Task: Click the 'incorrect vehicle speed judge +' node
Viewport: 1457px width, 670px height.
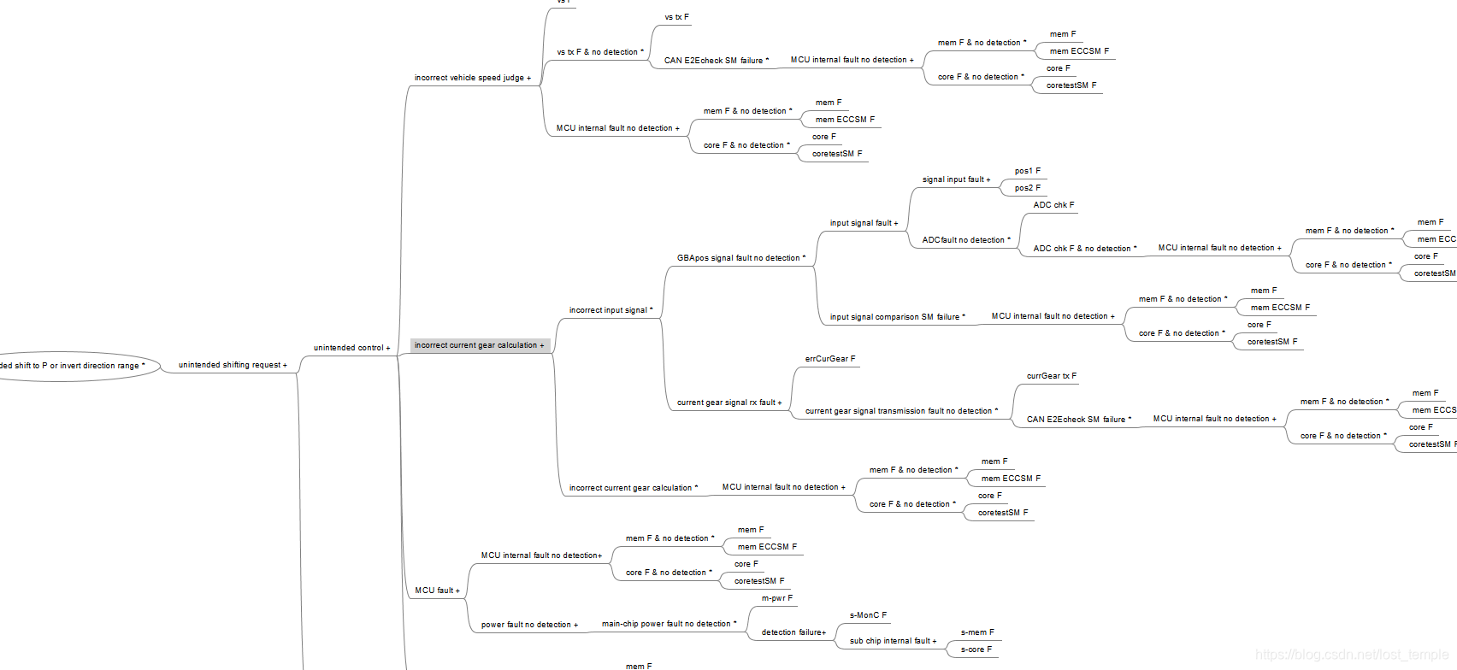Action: pos(472,78)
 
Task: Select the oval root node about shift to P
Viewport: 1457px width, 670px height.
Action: pos(77,366)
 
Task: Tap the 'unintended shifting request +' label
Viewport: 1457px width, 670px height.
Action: pos(233,365)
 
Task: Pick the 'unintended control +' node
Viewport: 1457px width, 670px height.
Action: pos(351,348)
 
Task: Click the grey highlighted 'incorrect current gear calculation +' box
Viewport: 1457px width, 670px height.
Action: pos(479,345)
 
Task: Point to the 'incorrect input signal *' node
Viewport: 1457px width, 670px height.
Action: pos(611,310)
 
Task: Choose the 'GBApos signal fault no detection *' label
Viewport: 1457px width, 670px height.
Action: pos(740,258)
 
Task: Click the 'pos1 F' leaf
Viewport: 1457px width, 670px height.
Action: pos(1027,171)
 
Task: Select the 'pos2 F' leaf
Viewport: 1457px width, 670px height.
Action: pos(1027,188)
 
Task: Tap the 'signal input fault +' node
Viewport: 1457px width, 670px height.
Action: pos(956,179)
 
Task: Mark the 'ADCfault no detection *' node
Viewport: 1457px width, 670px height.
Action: pos(965,240)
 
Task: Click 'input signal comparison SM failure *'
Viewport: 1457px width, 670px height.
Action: pos(897,317)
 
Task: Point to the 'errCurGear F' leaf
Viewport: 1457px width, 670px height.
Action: pos(829,359)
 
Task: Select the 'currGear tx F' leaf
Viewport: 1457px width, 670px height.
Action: pos(1051,376)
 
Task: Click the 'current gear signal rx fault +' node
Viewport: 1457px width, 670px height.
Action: pos(728,403)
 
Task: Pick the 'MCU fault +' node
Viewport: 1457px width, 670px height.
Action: pos(437,591)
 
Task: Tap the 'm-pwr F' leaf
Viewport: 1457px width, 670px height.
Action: pos(776,598)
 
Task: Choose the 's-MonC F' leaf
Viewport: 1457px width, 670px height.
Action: pos(868,615)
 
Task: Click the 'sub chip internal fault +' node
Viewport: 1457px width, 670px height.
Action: pos(893,641)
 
